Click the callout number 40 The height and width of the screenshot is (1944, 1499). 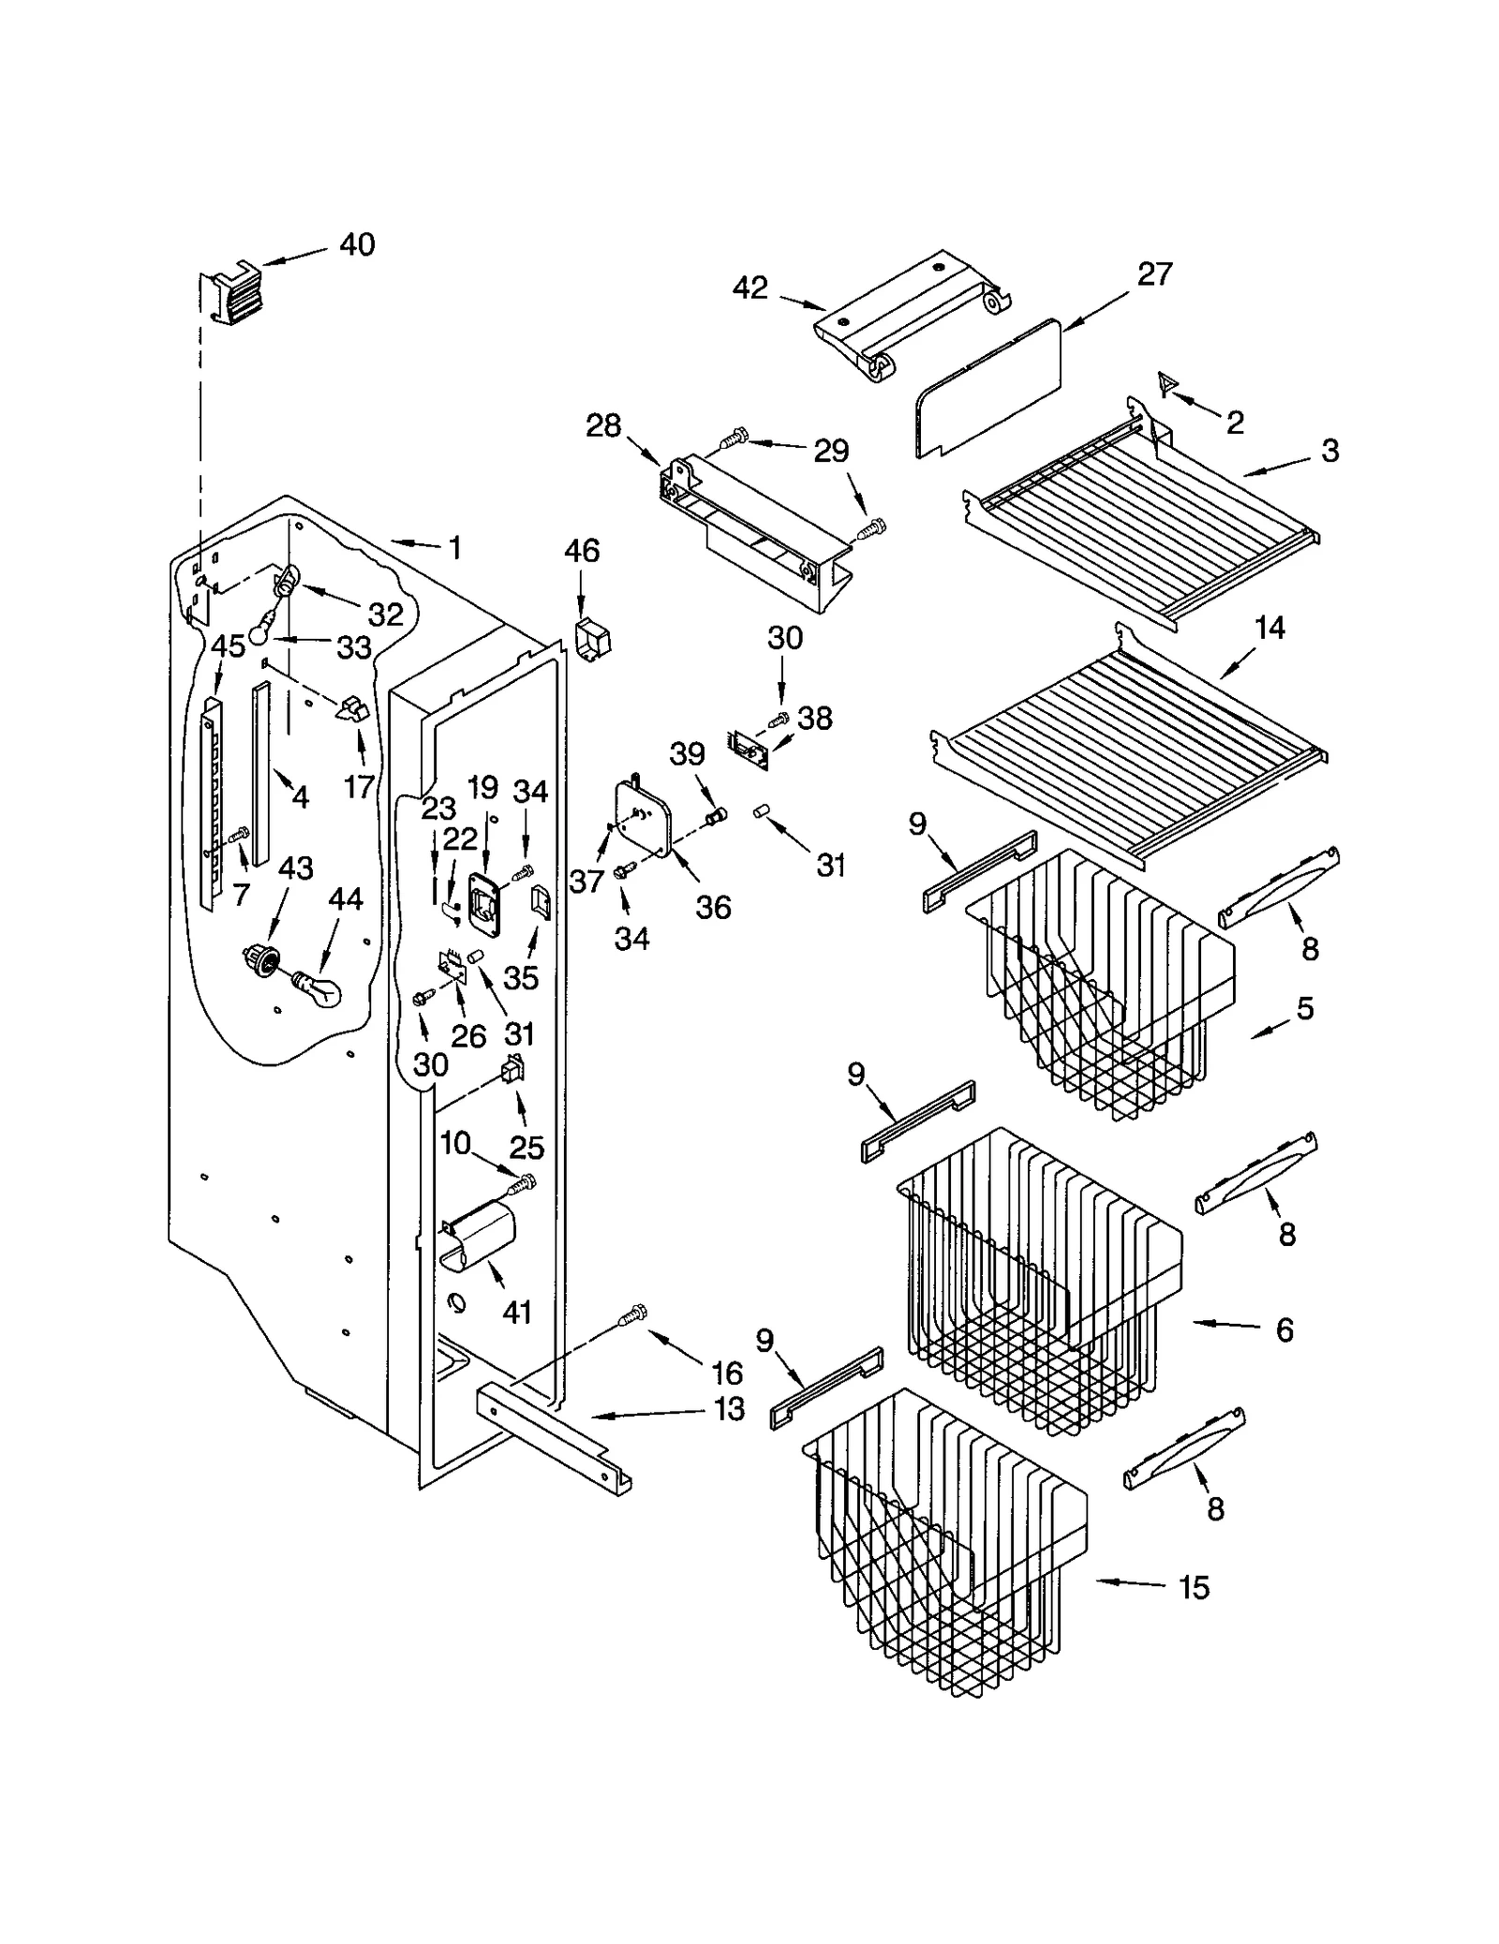click(x=356, y=245)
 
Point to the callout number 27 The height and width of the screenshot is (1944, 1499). click(x=1154, y=275)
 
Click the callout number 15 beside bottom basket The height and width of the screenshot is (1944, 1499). click(x=1194, y=1587)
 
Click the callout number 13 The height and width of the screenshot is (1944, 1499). click(x=728, y=1408)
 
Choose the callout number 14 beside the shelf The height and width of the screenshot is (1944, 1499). click(x=1269, y=628)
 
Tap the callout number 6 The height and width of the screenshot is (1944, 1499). click(x=1284, y=1329)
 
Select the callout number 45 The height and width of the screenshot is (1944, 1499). click(x=228, y=646)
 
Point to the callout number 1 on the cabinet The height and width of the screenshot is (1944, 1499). click(x=455, y=548)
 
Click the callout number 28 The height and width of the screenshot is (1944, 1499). click(x=602, y=425)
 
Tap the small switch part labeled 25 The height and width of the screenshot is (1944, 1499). click(x=512, y=1069)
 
